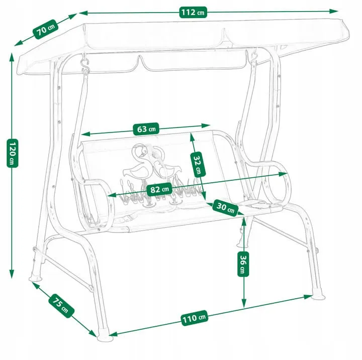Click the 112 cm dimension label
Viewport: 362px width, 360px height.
point(193,12)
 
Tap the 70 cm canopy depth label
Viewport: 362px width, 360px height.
point(46,29)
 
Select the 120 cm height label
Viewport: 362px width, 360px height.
point(12,153)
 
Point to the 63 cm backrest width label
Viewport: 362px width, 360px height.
point(146,129)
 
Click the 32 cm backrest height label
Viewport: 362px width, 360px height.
point(198,164)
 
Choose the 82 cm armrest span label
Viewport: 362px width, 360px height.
point(159,189)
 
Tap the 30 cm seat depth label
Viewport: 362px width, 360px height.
point(225,207)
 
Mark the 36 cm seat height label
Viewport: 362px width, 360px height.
point(243,264)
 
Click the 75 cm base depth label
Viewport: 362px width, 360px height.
point(61,306)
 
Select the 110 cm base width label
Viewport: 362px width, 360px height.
point(195,318)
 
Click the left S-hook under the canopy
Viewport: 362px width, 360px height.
point(85,65)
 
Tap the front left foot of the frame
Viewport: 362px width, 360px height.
point(105,337)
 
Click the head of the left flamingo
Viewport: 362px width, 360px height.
point(140,151)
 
